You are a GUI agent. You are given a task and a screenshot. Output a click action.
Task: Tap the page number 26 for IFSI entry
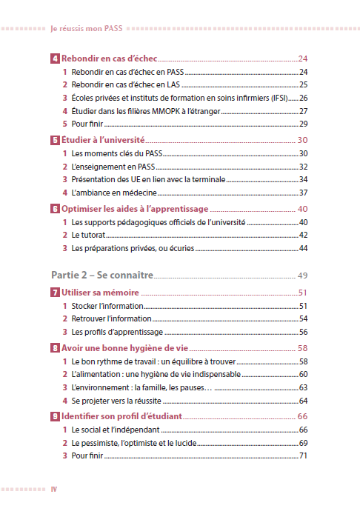[x=303, y=98]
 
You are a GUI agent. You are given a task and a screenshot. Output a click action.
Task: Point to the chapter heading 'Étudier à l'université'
[x=102, y=140]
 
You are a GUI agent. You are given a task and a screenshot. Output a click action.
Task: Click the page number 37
[x=303, y=193]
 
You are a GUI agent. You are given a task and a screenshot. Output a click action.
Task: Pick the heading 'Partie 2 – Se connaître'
[x=101, y=275]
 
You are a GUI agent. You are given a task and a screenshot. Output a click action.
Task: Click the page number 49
[x=302, y=276]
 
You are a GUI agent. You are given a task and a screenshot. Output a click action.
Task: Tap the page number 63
[x=303, y=387]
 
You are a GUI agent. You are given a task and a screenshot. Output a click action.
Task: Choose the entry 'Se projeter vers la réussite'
[x=121, y=401]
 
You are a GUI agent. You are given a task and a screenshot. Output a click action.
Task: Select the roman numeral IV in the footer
[x=54, y=489]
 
